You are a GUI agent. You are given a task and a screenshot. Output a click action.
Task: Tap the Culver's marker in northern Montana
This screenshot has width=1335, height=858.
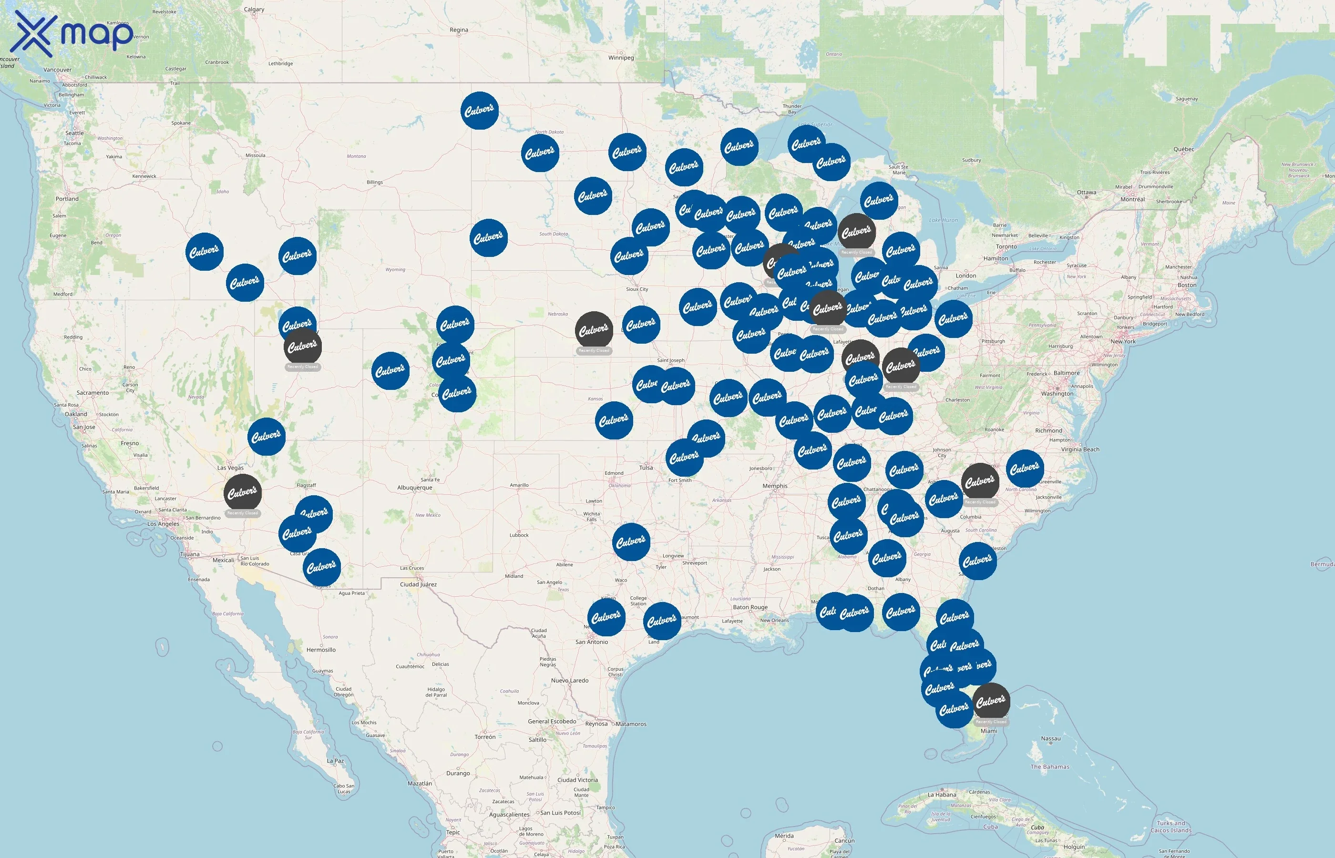480,110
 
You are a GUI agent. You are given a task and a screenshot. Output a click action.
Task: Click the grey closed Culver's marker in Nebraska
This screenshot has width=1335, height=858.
594,330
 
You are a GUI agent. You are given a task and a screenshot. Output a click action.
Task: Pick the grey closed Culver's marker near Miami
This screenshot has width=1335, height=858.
991,702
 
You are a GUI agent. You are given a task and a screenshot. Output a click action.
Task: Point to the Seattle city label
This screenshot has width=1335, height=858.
75,133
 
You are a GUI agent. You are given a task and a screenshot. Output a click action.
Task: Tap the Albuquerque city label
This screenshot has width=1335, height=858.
414,488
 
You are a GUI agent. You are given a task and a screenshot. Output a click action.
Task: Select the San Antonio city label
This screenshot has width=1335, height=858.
592,642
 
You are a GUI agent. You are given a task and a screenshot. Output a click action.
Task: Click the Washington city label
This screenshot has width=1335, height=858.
1057,393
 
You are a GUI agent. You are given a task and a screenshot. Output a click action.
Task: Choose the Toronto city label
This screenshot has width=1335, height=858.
1006,246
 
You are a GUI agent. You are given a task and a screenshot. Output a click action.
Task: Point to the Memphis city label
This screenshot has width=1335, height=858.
775,486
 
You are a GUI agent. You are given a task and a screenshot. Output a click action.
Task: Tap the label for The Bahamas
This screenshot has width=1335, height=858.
1050,766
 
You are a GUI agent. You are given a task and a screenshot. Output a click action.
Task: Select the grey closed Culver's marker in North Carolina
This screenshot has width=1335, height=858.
980,481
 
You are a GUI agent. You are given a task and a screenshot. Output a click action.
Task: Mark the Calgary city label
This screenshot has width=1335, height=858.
254,10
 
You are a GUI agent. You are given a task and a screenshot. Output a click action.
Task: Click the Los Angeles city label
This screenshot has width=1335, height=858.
163,524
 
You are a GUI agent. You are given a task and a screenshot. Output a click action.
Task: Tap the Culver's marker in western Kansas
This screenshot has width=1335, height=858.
614,420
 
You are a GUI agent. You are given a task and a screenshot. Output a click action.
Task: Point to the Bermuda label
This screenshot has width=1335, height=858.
1322,564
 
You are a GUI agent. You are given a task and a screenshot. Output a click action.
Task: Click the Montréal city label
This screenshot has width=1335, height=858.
1132,199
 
